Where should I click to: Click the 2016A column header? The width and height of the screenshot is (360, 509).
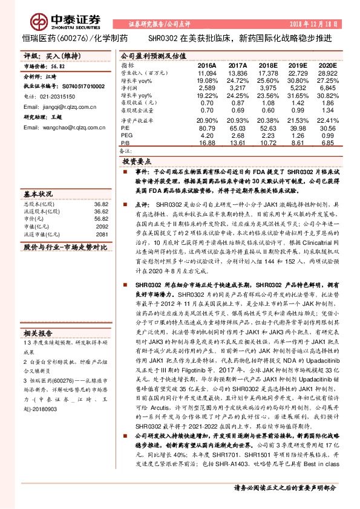207,64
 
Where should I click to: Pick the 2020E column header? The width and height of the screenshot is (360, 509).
327,64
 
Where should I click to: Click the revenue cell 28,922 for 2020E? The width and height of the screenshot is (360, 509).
327,73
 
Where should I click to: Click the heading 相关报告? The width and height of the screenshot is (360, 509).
38,332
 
